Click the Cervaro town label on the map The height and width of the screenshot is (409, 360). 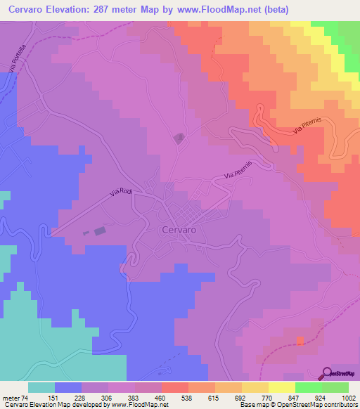point(179,229)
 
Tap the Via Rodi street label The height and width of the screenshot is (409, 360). point(121,192)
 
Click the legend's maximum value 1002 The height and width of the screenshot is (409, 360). point(349,398)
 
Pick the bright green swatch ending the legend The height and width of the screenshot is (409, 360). point(335,387)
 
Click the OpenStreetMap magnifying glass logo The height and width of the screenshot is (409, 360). point(326,372)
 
